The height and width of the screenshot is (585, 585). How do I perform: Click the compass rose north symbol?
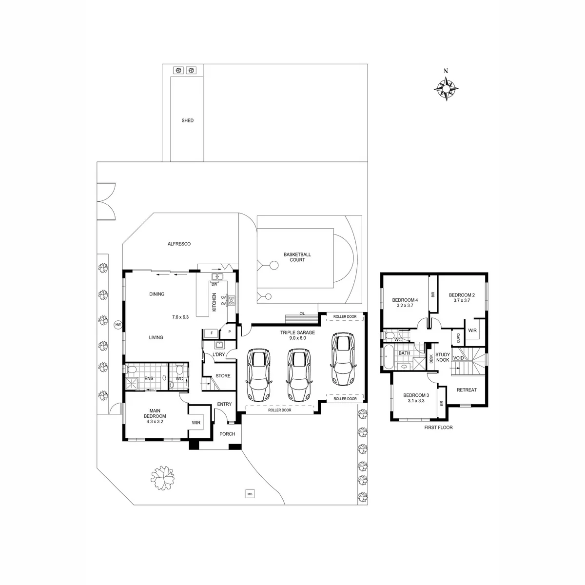pyautogui.click(x=446, y=89)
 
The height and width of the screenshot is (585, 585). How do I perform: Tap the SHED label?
pyautogui.click(x=187, y=120)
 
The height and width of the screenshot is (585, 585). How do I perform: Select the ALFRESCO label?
pyautogui.click(x=179, y=244)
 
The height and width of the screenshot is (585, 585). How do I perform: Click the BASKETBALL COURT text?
pyautogui.click(x=297, y=257)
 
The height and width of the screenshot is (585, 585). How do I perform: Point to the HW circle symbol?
pyautogui.click(x=118, y=325)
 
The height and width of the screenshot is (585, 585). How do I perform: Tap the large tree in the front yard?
pyautogui.click(x=163, y=478)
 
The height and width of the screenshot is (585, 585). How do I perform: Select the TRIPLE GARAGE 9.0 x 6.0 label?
pyautogui.click(x=297, y=335)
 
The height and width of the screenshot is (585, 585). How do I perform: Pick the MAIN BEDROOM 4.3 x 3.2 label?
pyautogui.click(x=155, y=416)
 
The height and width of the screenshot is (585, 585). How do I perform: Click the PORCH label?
pyautogui.click(x=227, y=434)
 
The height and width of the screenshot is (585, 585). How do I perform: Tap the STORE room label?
pyautogui.click(x=223, y=376)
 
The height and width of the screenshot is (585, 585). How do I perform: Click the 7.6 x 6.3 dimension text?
pyautogui.click(x=180, y=317)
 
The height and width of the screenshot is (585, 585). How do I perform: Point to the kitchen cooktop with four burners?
pyautogui.click(x=232, y=300)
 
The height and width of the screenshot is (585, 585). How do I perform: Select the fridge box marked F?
pyautogui.click(x=211, y=333)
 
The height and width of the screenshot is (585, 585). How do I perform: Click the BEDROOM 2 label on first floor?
pyautogui.click(x=462, y=297)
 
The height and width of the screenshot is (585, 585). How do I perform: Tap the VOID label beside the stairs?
pyautogui.click(x=458, y=358)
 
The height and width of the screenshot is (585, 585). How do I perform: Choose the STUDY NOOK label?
pyautogui.click(x=443, y=357)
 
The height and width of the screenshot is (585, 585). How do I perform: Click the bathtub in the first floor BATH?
pyautogui.click(x=388, y=357)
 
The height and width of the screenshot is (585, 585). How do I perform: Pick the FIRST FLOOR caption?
pyautogui.click(x=438, y=428)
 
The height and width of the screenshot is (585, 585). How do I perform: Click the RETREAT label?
pyautogui.click(x=467, y=390)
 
